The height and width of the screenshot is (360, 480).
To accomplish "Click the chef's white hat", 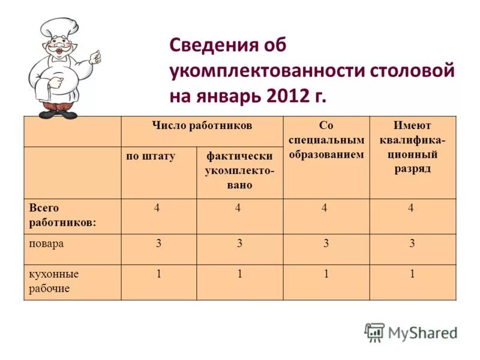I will tap(58, 28).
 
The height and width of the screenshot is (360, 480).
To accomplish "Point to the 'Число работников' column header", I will tap(202, 125).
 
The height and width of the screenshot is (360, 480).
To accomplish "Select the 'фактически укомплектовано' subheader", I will tap(239, 170).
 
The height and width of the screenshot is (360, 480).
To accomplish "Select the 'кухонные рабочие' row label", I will tap(54, 281).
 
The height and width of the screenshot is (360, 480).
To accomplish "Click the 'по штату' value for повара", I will tap(158, 244).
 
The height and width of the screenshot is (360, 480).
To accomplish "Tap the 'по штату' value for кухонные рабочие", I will tap(158, 274).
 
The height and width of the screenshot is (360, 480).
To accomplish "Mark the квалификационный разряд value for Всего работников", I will tap(412, 208).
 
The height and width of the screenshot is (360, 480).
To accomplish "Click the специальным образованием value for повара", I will tap(325, 244).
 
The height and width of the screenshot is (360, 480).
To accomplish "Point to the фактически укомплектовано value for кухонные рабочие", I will tap(239, 274).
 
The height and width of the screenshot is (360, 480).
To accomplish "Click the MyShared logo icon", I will tap(374, 332).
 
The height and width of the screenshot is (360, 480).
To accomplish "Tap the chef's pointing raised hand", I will tap(94, 57).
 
